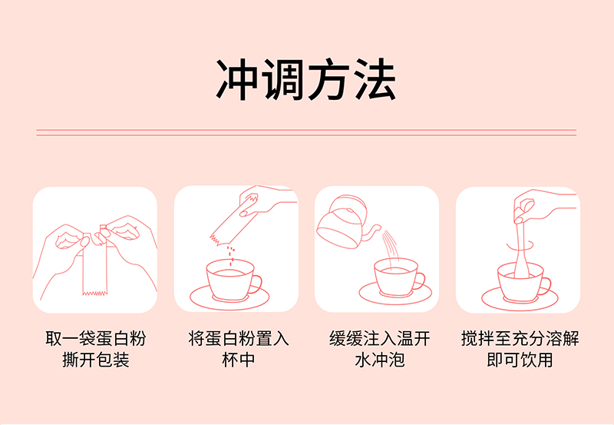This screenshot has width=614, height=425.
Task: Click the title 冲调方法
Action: pyautogui.click(x=306, y=80)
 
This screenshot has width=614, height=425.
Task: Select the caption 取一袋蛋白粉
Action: pyautogui.click(x=95, y=338)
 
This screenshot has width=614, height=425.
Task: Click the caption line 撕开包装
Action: pyautogui.click(x=95, y=360)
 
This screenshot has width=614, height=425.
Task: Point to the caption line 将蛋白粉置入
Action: pyautogui.click(x=238, y=338)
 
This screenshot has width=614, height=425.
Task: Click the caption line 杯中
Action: pyautogui.click(x=238, y=360)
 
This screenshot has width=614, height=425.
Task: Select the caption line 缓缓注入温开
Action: pyautogui.click(x=378, y=338)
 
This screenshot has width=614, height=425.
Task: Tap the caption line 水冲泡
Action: pyautogui.click(x=378, y=360)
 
